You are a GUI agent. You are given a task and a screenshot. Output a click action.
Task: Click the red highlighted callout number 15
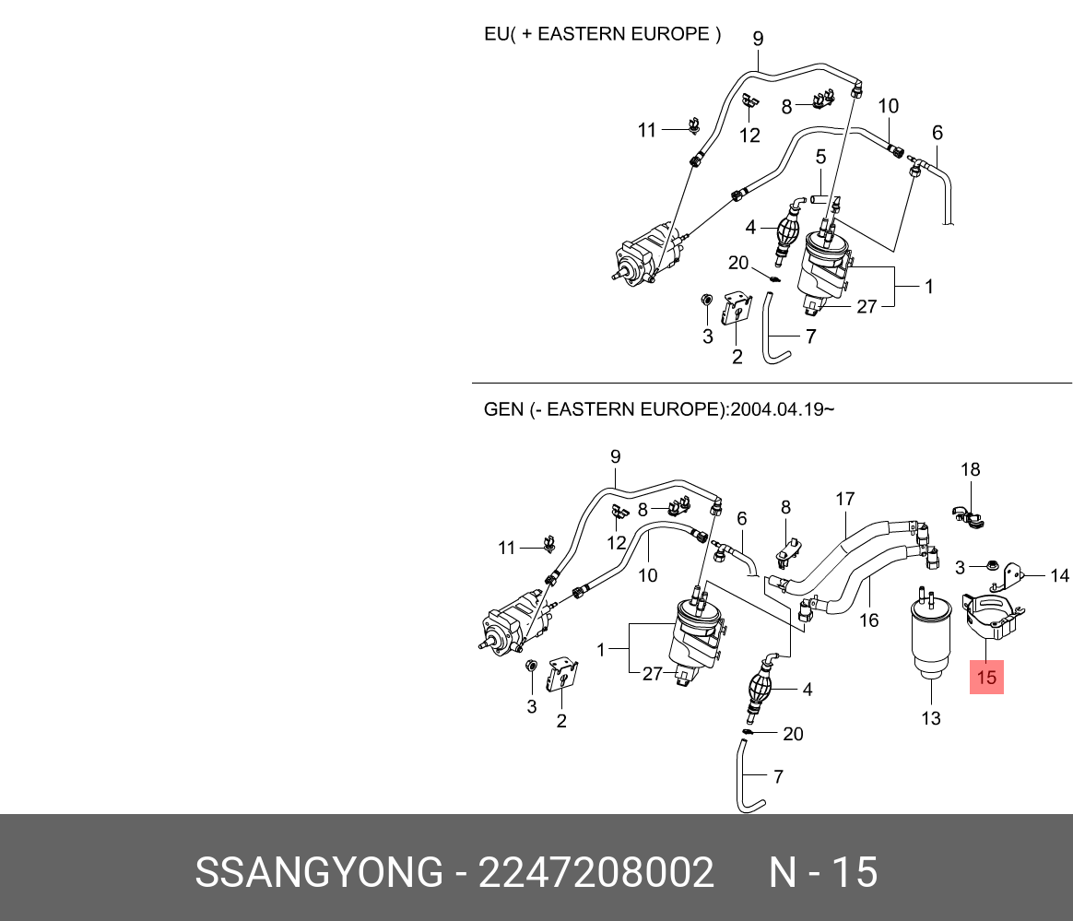(985, 678)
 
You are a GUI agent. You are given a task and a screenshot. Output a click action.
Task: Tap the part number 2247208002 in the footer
(595, 873)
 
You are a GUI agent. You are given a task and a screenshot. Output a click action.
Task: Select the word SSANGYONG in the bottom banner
(319, 873)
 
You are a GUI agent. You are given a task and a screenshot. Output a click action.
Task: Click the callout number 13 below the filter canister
(931, 718)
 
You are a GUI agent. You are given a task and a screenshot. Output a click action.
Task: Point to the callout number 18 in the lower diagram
(970, 469)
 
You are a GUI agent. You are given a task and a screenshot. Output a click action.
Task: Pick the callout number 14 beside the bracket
(1059, 576)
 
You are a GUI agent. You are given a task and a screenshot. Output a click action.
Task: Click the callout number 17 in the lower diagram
(845, 499)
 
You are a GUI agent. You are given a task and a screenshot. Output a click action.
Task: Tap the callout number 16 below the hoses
(869, 620)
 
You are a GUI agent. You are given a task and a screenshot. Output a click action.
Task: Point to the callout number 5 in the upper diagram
(819, 158)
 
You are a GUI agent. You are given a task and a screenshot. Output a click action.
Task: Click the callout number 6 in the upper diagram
(937, 133)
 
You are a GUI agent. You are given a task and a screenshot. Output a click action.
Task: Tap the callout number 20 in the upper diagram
(738, 263)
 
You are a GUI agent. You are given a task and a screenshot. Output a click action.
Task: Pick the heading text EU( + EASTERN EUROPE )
(602, 35)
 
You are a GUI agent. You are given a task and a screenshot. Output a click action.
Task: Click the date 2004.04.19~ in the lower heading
(781, 408)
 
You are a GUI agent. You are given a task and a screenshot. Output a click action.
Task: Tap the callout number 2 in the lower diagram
(561, 721)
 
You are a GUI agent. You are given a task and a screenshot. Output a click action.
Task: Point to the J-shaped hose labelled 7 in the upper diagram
(771, 334)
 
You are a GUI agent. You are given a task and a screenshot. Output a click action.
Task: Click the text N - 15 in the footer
(823, 873)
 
